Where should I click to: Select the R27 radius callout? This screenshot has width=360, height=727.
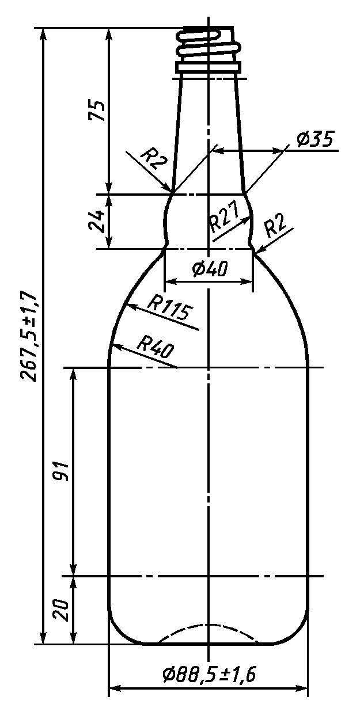coord(223,220)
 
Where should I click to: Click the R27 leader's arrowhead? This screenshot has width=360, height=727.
coord(251,214)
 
